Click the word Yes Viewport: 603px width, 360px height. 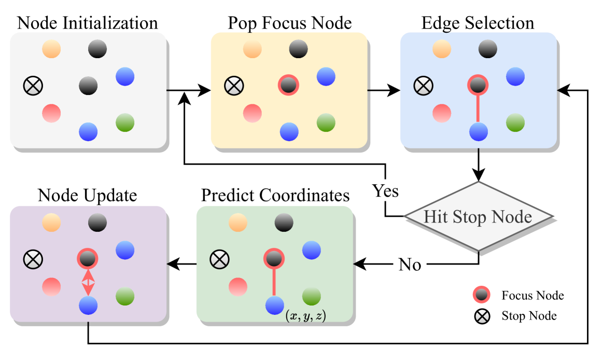coord(385,190)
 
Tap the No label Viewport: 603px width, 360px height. coord(410,265)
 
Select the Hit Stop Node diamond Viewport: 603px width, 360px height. coord(478,216)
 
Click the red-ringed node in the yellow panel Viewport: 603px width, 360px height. coord(288,85)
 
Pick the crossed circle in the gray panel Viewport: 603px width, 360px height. coord(33,85)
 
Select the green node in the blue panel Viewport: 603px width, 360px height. coord(515,122)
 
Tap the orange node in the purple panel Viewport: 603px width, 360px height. coord(51,223)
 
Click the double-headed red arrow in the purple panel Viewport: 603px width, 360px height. coord(88,282)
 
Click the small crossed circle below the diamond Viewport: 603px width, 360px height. coord(482,316)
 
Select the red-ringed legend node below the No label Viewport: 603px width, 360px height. coord(481,295)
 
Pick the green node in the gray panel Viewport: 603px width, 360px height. coord(125,122)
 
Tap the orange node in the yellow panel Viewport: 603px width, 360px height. coord(252,49)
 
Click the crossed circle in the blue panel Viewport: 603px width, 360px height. coord(423,85)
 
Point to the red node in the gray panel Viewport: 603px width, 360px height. coord(51,113)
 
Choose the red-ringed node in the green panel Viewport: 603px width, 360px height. coord(273,258)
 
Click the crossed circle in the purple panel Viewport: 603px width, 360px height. coord(33,258)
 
